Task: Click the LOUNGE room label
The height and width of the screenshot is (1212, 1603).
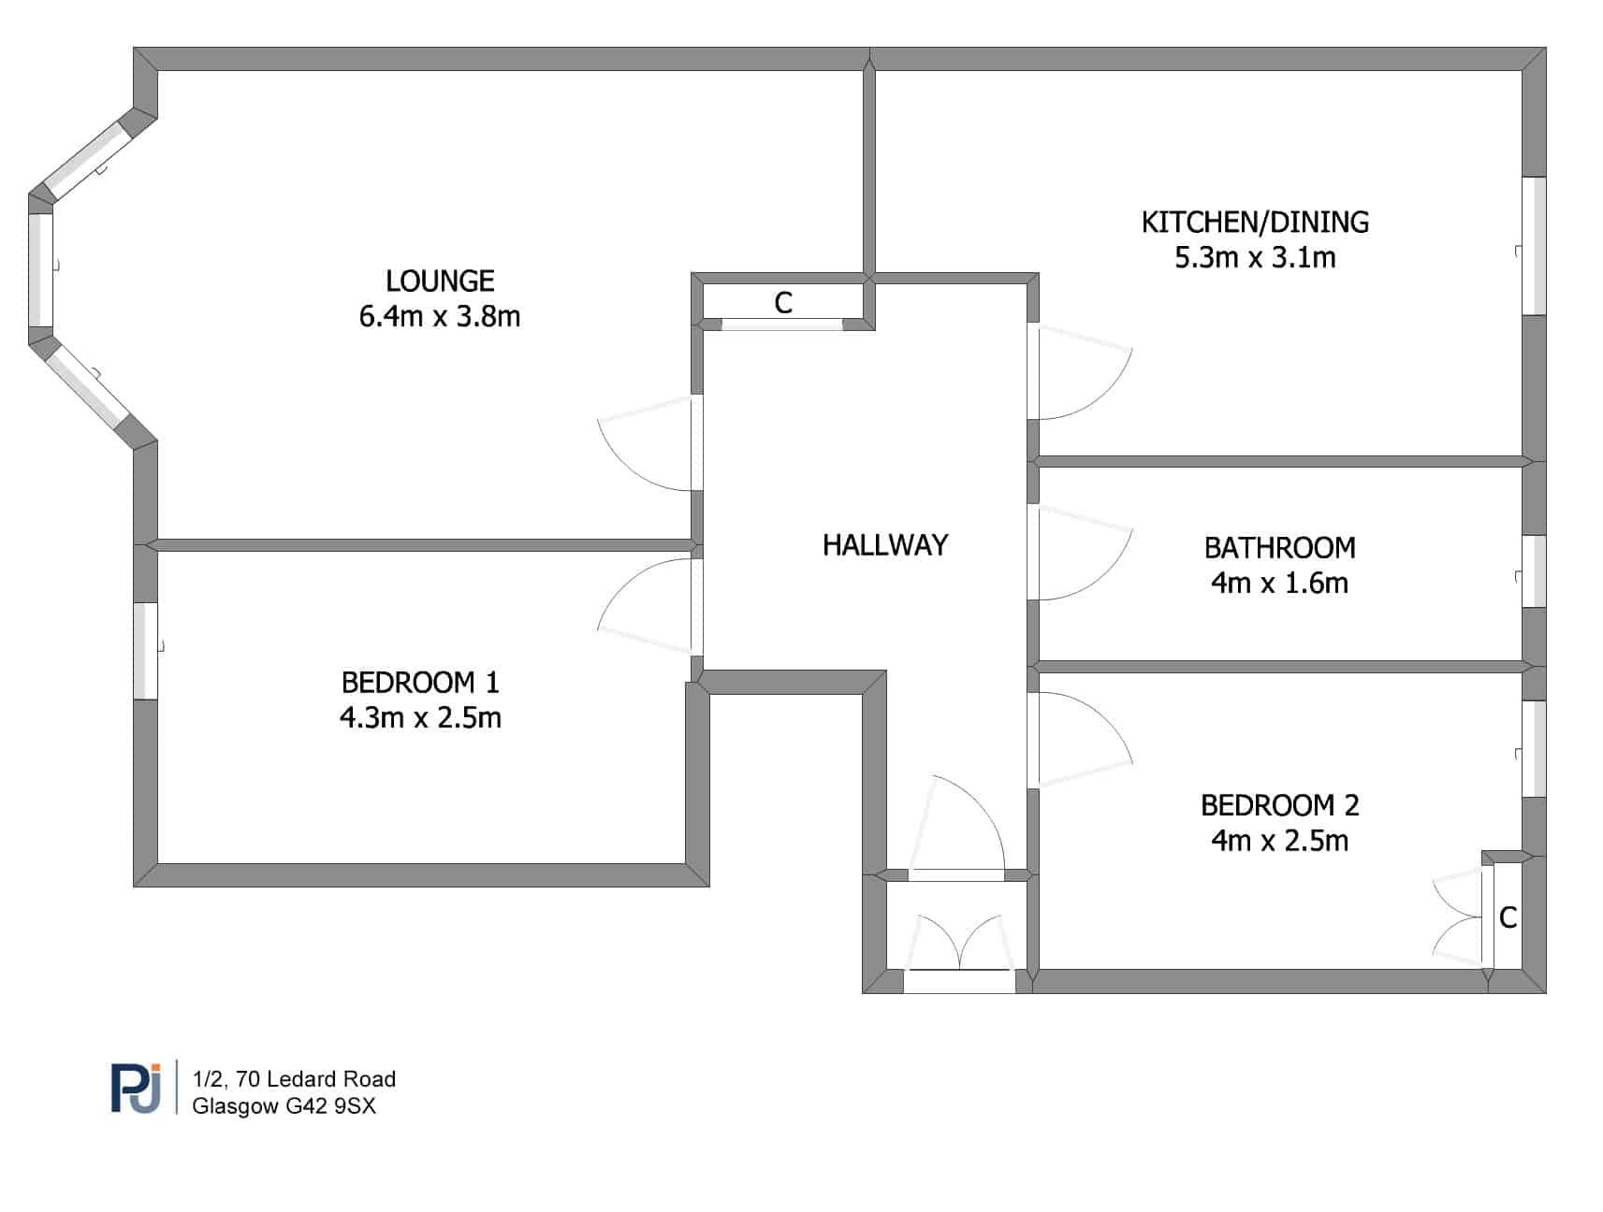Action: (440, 281)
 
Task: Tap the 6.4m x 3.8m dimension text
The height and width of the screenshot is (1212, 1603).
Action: (440, 316)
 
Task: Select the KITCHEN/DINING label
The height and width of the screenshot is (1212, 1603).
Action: (1255, 223)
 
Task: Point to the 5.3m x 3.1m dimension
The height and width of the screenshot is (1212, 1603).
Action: (1255, 257)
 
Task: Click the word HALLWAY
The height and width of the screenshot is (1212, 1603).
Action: (885, 545)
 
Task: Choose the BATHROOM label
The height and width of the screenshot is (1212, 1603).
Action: (1279, 547)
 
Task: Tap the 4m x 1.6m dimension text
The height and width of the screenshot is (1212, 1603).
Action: (1279, 583)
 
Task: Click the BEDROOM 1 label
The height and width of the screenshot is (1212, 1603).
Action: (420, 683)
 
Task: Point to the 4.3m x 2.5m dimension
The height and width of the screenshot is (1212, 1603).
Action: (420, 718)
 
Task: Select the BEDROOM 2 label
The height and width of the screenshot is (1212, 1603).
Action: (1279, 805)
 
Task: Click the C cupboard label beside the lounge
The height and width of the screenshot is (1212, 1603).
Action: (783, 303)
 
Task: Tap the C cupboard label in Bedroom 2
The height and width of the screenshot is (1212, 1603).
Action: (1508, 918)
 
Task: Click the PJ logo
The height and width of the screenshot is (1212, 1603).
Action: (137, 1088)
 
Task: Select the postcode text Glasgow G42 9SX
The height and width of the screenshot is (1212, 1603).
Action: (284, 1106)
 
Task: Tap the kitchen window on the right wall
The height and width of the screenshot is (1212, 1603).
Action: (1534, 246)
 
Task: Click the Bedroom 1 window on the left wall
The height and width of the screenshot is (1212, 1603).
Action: (145, 651)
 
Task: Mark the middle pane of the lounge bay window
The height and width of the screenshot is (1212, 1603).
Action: (40, 270)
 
